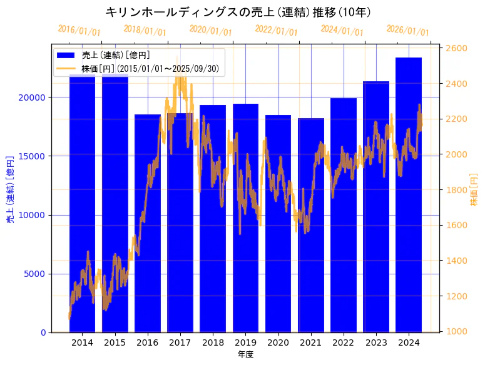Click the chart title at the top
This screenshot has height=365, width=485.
[x=238, y=12]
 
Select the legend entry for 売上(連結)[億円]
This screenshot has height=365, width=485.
[x=115, y=55]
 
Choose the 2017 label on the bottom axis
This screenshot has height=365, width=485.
[x=180, y=342]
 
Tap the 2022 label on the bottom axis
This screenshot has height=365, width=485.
[x=344, y=342]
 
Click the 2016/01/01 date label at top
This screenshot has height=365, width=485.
[x=79, y=31]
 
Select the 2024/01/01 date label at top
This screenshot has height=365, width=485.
[x=342, y=30]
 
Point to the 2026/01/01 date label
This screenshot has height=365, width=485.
[x=407, y=31]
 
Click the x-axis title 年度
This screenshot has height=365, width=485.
[x=245, y=355]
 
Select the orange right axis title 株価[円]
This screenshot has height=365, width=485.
[x=474, y=189]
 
